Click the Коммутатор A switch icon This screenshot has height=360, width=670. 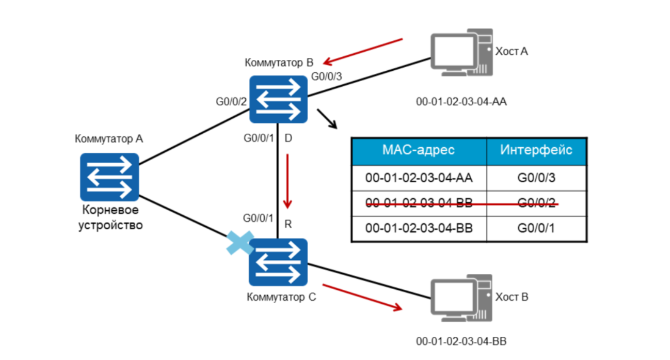tap(109, 177)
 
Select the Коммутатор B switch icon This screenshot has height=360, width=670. tap(278, 99)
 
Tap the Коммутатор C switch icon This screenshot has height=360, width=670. tap(278, 262)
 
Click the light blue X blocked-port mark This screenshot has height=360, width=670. tap(241, 243)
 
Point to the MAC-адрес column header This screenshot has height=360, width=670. tap(419, 151)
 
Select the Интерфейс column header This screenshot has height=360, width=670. tap(536, 151)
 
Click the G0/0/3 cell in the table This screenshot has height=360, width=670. tap(536, 178)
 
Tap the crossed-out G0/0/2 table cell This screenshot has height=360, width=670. tap(536, 203)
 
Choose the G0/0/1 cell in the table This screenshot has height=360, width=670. tap(536, 228)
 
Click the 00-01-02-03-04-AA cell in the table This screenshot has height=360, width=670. tap(419, 178)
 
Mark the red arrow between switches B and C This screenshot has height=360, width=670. tap(288, 179)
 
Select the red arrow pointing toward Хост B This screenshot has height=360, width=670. tap(362, 297)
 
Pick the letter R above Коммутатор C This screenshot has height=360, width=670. tap(288, 224)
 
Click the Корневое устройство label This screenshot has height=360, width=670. tap(109, 218)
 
